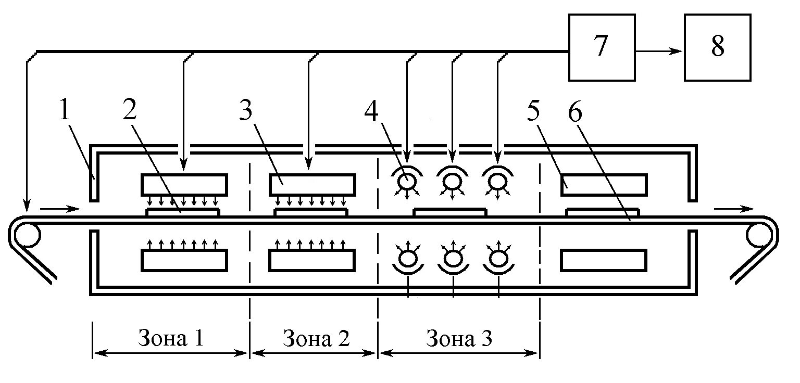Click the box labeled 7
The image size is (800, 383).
point(602,47)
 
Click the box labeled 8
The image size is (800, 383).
point(717,47)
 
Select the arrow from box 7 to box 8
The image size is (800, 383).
point(659,51)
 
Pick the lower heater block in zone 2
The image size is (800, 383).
point(312,260)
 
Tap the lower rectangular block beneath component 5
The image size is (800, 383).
point(604,260)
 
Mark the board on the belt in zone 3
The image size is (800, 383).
point(449,212)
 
